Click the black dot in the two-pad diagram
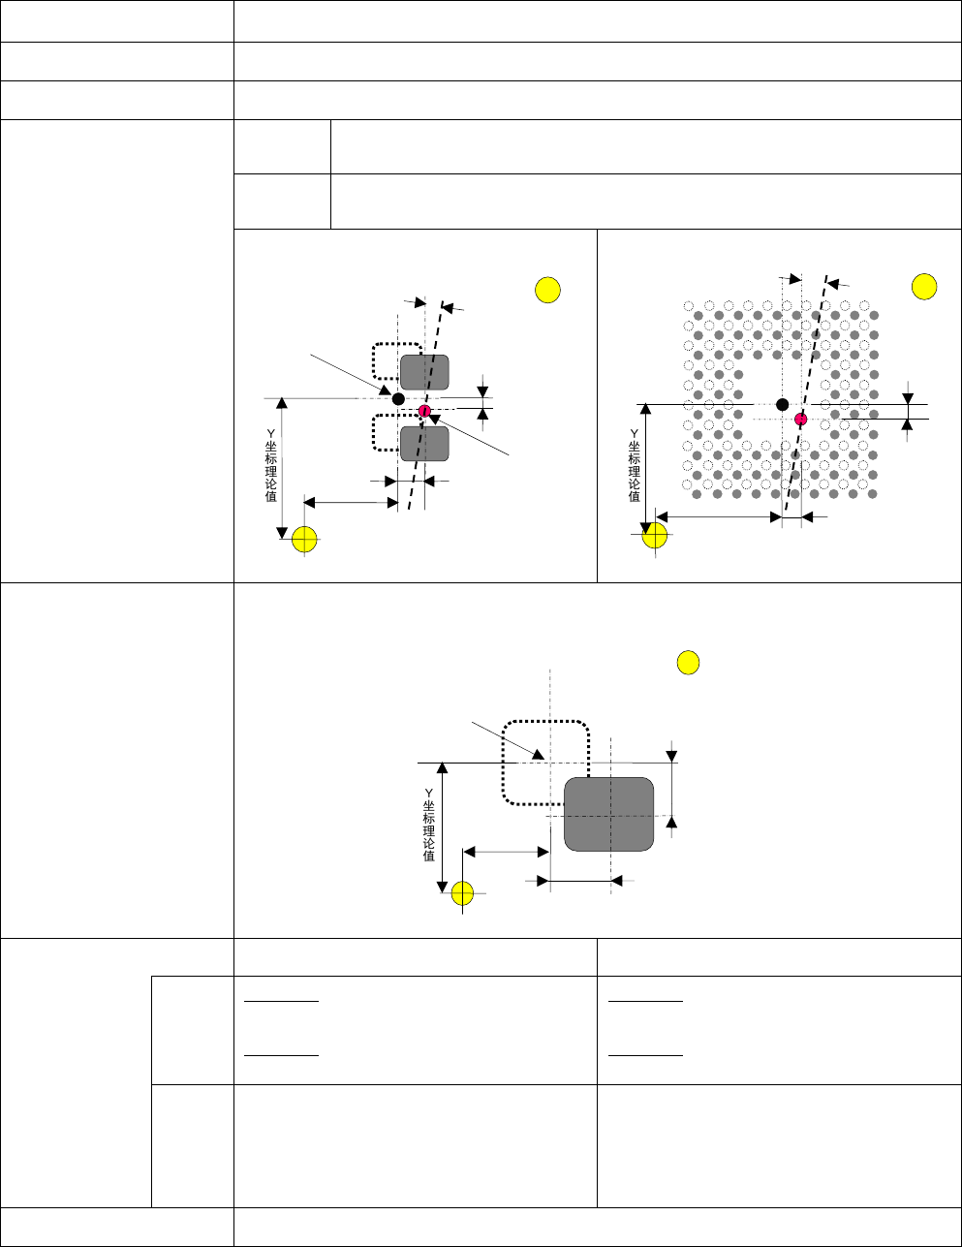pyautogui.click(x=398, y=398)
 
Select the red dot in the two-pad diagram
pyautogui.click(x=424, y=411)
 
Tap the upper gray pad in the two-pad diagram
pyautogui.click(x=424, y=372)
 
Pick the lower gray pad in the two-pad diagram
pyautogui.click(x=424, y=444)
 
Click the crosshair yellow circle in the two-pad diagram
pyautogui.click(x=305, y=539)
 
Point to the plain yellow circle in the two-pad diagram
pyautogui.click(x=548, y=290)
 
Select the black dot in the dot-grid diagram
pyautogui.click(x=782, y=404)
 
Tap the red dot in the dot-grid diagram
pyautogui.click(x=800, y=419)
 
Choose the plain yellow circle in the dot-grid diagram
pyautogui.click(x=924, y=287)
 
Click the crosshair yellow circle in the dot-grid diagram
pyautogui.click(x=656, y=534)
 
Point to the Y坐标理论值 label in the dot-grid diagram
pyautogui.click(x=635, y=465)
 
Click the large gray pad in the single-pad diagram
pyautogui.click(x=608, y=814)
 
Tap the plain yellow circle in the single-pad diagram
pyautogui.click(x=687, y=663)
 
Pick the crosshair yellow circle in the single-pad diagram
pyautogui.click(x=463, y=893)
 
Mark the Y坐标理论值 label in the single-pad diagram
pyautogui.click(x=428, y=824)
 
